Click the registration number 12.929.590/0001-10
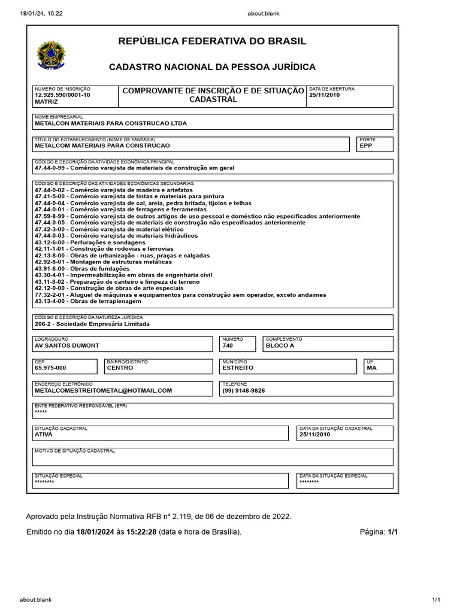[x=62, y=95]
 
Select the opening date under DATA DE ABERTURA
[x=324, y=95]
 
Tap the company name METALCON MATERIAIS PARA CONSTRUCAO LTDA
[x=111, y=123]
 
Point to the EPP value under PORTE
[x=366, y=145]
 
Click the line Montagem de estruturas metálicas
[x=103, y=262]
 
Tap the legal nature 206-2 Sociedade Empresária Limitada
[x=92, y=324]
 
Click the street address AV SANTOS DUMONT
[x=67, y=346]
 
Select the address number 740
[x=228, y=346]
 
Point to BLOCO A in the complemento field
[x=280, y=346]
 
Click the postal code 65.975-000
[x=50, y=368]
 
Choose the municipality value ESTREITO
[x=238, y=368]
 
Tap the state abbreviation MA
[x=371, y=368]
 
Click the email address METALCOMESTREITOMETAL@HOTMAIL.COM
[x=104, y=390]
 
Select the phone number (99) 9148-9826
[x=243, y=390]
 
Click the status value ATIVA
[x=44, y=435]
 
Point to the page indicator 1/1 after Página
[x=392, y=532]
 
